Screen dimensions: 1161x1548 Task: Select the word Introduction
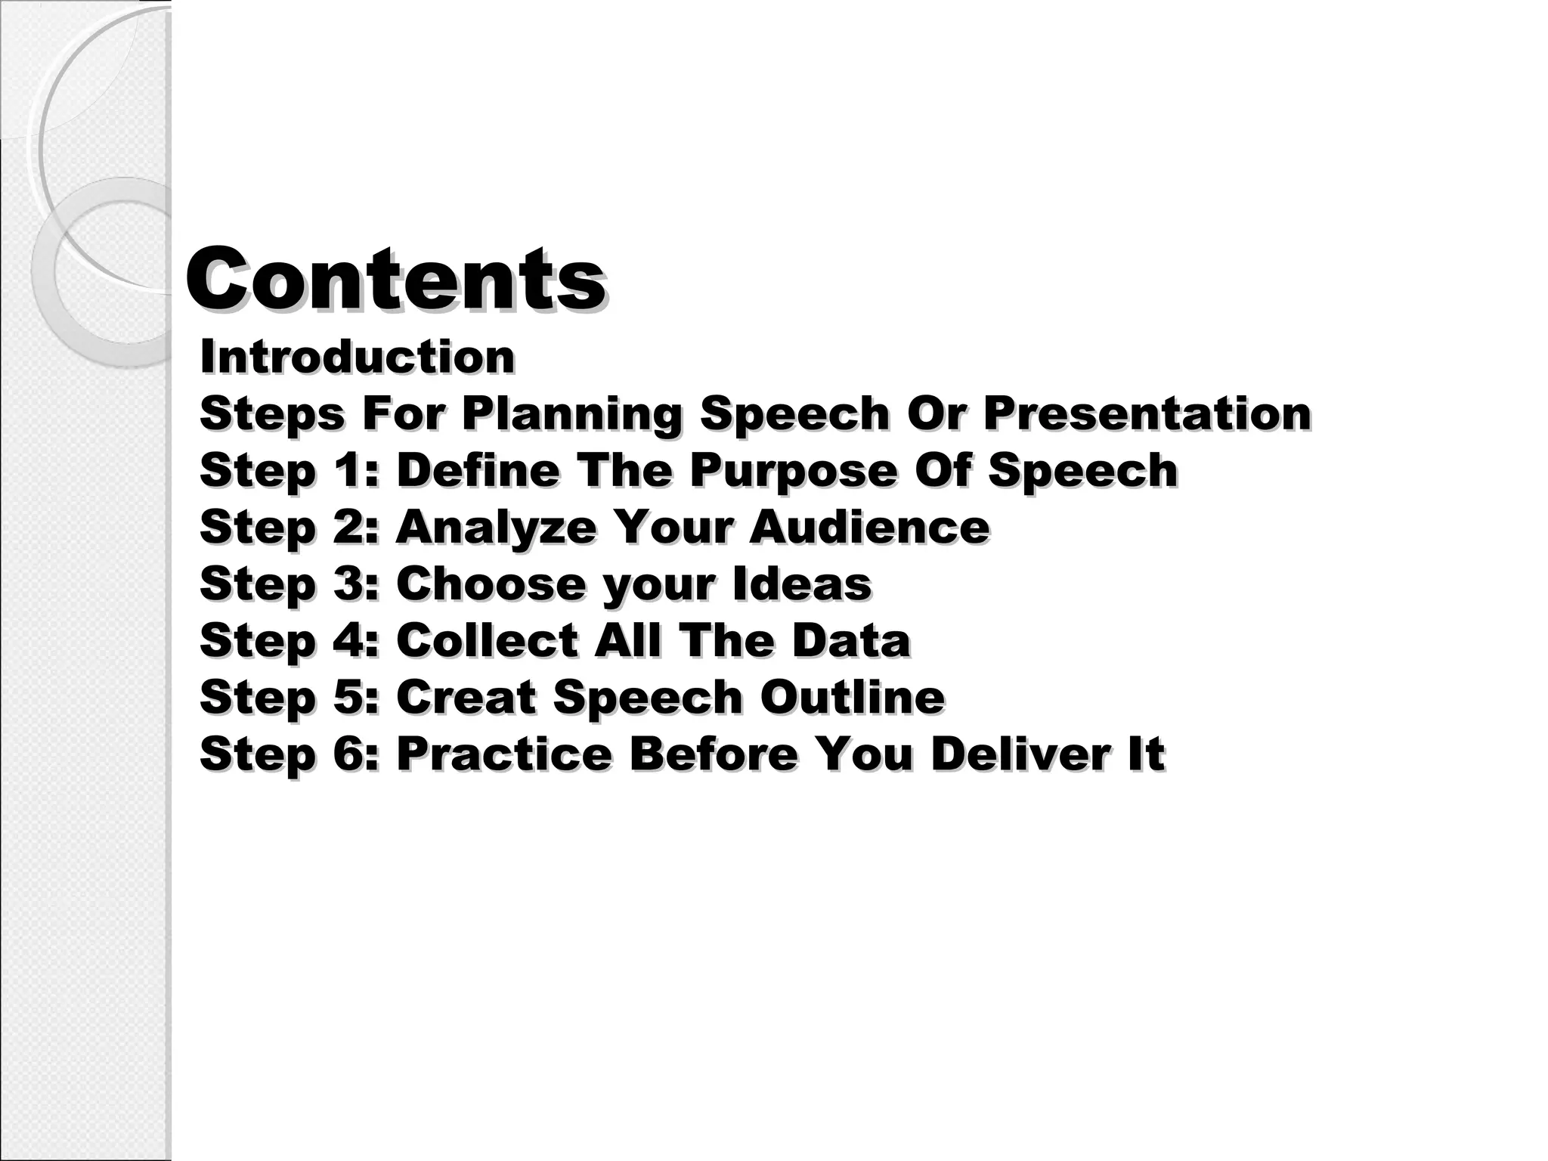[357, 357]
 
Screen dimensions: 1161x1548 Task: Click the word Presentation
[1147, 413]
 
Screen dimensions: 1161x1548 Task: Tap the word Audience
[869, 527]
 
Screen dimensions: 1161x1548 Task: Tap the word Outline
[852, 697]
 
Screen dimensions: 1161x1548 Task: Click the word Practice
[503, 754]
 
